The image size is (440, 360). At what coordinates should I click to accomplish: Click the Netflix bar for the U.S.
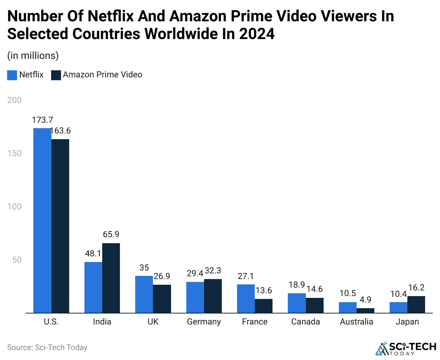point(42,220)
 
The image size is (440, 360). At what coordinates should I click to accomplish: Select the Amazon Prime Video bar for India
point(111,278)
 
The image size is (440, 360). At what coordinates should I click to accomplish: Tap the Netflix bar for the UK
point(144,294)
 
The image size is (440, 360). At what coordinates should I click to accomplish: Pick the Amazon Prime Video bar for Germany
point(213,296)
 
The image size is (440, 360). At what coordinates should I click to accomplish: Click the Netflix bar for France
point(246,298)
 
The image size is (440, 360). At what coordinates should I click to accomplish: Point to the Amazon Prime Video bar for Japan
point(416,304)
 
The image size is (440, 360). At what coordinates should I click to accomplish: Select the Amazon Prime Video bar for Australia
point(365,310)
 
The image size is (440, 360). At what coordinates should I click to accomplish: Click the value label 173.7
point(42,120)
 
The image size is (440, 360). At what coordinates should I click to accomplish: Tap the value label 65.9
point(111,234)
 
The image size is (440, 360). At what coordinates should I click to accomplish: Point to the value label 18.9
point(297,285)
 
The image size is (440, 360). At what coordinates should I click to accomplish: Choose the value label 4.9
point(365,300)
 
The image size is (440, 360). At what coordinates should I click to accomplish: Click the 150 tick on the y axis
point(15,153)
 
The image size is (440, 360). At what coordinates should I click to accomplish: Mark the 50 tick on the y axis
point(17,260)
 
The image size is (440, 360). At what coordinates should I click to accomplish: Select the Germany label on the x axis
point(204,322)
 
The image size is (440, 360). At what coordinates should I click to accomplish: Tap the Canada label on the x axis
point(306,322)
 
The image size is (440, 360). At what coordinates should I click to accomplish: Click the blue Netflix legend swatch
point(12,75)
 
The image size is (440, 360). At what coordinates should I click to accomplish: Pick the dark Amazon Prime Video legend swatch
point(56,75)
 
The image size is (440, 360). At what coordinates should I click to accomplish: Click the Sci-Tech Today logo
point(406,348)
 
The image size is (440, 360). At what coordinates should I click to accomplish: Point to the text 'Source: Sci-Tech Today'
point(47,348)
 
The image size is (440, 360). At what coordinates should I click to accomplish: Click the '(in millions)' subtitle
point(33,56)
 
